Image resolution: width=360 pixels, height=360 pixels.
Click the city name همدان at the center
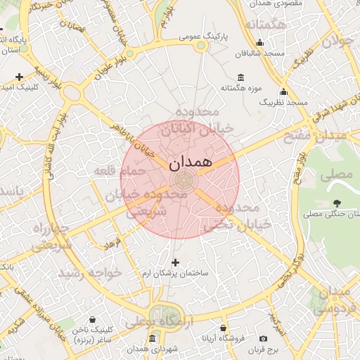190,161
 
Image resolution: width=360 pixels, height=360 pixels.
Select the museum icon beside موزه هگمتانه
242,77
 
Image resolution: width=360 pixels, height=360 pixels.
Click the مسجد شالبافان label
259,53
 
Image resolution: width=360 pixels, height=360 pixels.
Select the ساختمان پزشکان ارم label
176,272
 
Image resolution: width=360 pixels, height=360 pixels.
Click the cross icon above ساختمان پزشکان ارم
176,262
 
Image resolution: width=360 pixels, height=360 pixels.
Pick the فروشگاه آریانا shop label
223,338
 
